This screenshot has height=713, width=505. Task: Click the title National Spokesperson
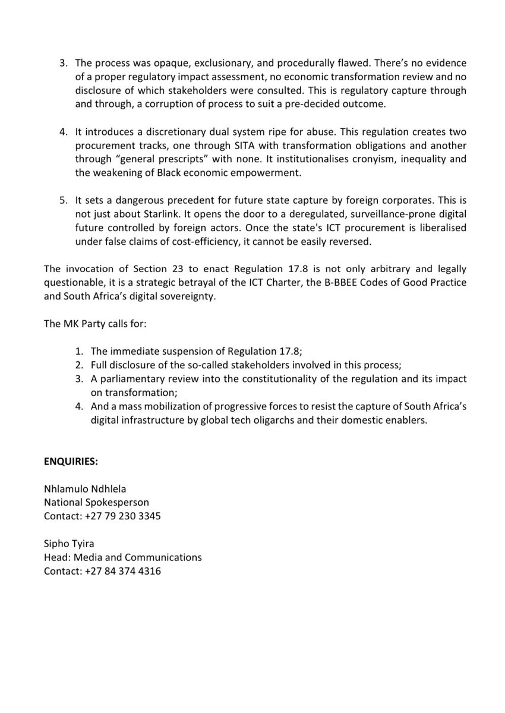(96, 503)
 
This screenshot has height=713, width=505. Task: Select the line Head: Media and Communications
(122, 558)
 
